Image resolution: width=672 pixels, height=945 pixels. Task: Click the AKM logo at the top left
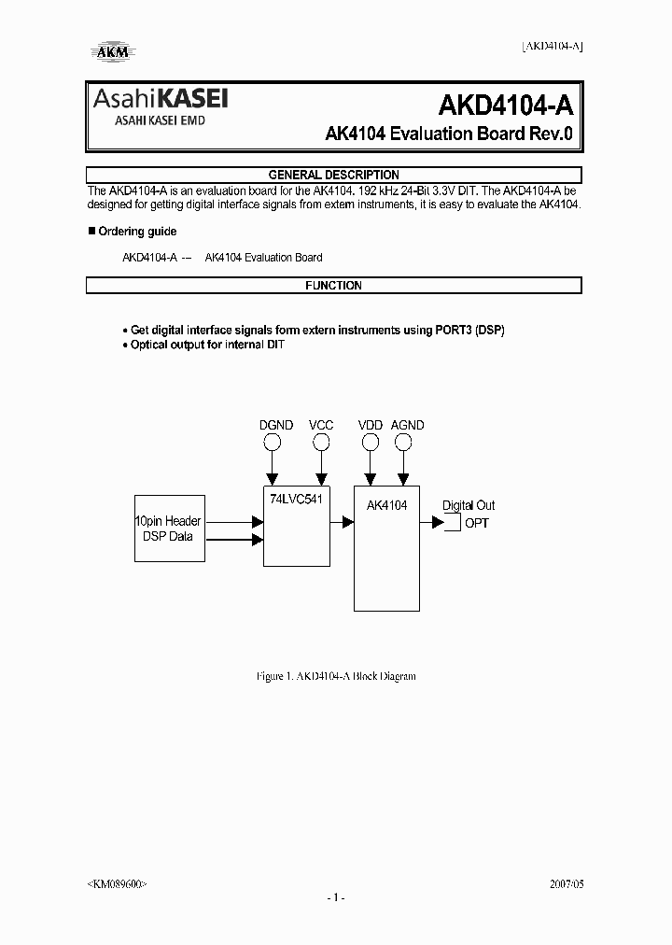[109, 52]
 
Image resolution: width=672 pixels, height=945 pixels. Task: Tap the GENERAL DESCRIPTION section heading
[333, 175]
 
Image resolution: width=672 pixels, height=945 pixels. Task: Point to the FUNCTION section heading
[333, 286]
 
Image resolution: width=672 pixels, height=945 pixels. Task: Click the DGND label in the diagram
[275, 425]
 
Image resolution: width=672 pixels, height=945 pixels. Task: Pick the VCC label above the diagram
[321, 425]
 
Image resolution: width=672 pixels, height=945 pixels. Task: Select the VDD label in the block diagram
[370, 425]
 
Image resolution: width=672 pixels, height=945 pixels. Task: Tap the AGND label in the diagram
[407, 425]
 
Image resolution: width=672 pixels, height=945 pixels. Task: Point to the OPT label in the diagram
[476, 523]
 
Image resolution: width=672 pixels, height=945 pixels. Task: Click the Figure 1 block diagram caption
[335, 675]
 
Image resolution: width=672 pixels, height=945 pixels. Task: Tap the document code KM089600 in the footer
[117, 882]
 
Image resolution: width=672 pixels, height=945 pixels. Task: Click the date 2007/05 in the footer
[564, 882]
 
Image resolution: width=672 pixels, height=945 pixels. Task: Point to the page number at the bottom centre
[336, 897]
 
